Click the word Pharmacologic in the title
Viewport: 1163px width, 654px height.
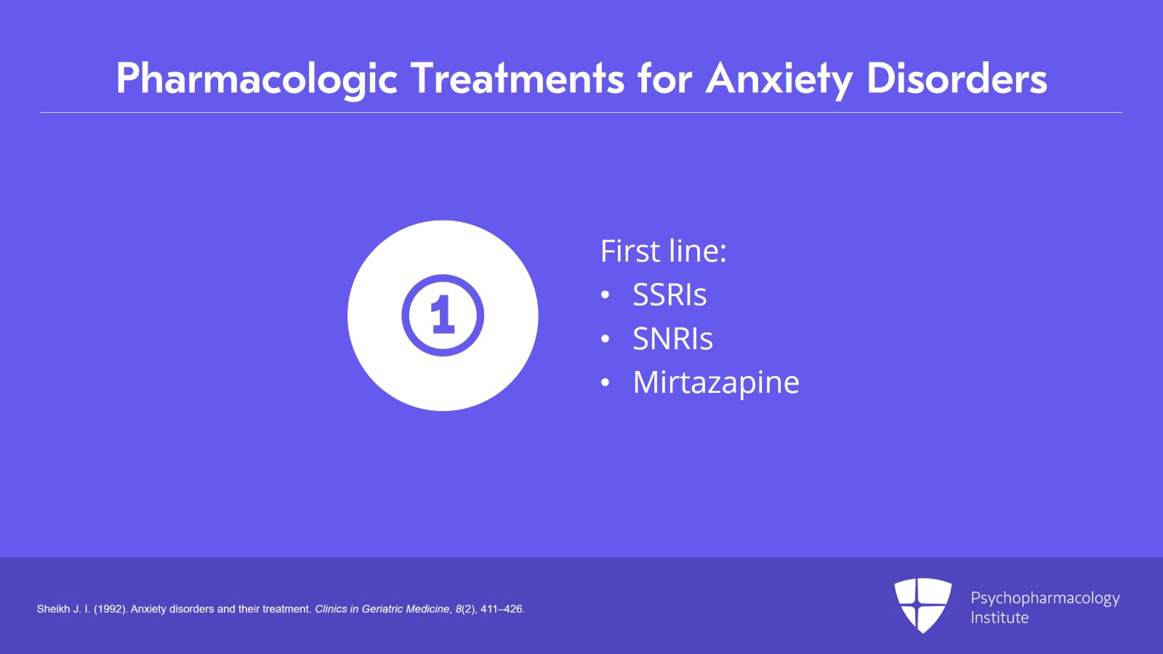click(x=257, y=79)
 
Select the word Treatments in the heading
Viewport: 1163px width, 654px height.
click(x=518, y=79)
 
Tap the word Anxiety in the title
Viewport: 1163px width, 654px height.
click(x=778, y=79)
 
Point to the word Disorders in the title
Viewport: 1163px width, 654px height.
click(x=957, y=79)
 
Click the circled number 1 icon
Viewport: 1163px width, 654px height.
click(x=443, y=316)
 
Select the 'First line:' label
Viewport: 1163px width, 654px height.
click(x=663, y=252)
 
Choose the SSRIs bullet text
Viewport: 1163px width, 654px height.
click(x=669, y=295)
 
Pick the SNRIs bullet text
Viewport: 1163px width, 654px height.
click(x=672, y=339)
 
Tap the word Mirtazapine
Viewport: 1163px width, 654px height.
click(x=716, y=383)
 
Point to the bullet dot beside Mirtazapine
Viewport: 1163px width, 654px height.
click(x=605, y=383)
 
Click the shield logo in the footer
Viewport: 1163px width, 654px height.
click(x=922, y=605)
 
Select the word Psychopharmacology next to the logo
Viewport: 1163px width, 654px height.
click(x=1045, y=598)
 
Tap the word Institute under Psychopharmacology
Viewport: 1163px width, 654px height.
click(x=999, y=618)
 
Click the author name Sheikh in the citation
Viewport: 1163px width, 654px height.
click(x=53, y=609)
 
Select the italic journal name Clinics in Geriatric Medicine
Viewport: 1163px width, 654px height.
click(x=382, y=609)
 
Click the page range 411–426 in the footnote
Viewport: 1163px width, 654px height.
click(x=502, y=609)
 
